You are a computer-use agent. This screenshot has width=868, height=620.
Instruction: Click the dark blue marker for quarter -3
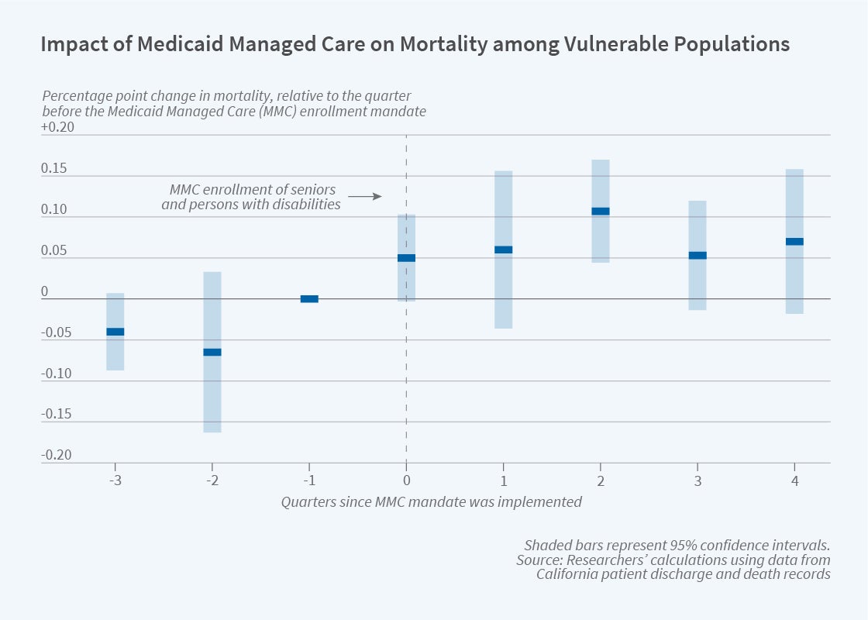coord(115,332)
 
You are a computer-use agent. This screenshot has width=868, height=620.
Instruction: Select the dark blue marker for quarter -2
coord(212,352)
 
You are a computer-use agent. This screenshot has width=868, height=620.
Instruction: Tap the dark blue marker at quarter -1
coord(309,299)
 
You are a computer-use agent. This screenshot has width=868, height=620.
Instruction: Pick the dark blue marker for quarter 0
coord(406,258)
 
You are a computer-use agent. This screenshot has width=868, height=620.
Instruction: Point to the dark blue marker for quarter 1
coord(503,250)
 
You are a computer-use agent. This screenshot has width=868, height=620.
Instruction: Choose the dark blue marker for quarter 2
coord(600,211)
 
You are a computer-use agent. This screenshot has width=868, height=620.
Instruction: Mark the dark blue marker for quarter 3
coord(697,255)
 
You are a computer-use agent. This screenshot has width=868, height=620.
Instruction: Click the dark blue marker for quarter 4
coord(794,241)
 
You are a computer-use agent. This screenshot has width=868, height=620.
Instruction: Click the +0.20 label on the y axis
coord(57,128)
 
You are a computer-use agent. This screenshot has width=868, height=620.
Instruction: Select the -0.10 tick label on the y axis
coord(57,374)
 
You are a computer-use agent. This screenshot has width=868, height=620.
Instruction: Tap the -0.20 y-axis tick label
coord(57,455)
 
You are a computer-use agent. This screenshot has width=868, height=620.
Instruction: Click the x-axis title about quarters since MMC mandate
coord(431,501)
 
